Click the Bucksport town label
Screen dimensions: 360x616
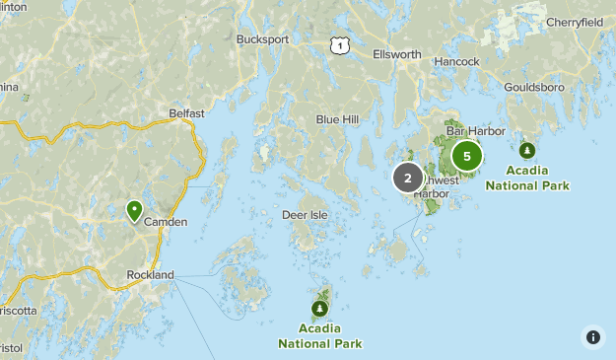point(262,39)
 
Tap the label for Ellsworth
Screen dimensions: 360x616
point(397,54)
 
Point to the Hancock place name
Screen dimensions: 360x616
point(456,61)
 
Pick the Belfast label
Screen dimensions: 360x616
point(186,113)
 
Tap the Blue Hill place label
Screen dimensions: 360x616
point(337,119)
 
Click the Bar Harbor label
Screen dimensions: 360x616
point(475,131)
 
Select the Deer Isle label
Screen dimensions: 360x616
point(305,214)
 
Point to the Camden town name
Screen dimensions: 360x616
point(166,222)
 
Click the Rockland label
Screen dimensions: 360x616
point(150,275)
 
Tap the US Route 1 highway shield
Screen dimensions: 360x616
point(339,44)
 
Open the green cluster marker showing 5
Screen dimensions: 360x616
point(467,156)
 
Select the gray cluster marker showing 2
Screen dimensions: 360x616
point(407,179)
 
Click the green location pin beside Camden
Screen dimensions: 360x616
point(134,210)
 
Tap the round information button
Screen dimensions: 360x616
point(592,336)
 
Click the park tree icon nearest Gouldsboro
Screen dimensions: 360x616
point(527,150)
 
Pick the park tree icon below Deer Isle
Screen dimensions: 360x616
point(320,308)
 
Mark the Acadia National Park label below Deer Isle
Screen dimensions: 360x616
point(319,335)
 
